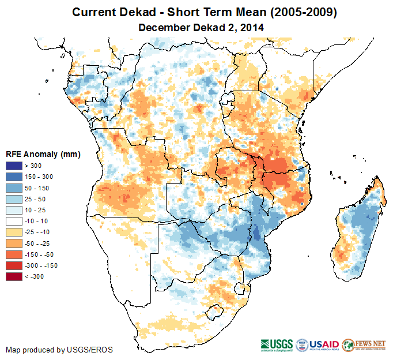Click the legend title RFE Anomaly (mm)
[x=43, y=154]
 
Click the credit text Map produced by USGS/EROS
[x=59, y=350]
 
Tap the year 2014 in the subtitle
[x=252, y=27]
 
